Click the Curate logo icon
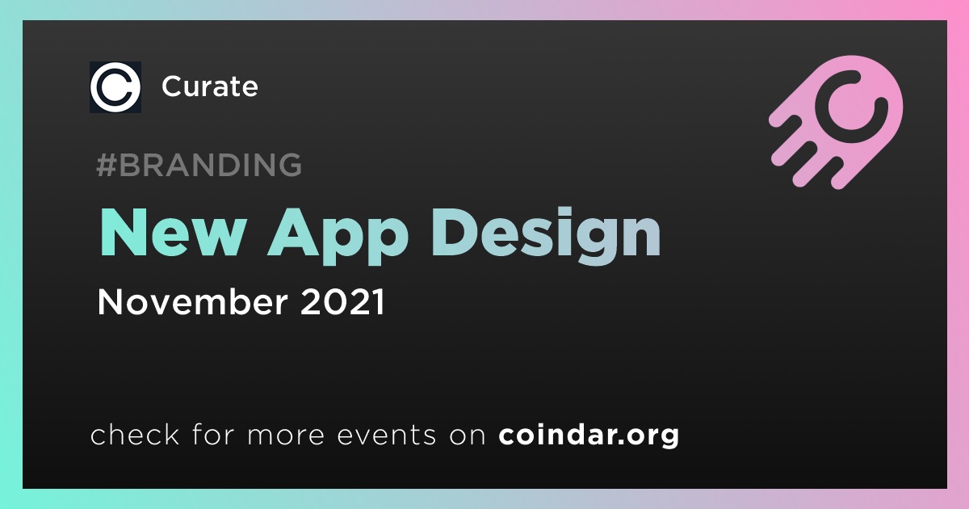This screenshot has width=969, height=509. pyautogui.click(x=115, y=87)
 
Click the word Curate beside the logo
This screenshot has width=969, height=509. pyautogui.click(x=210, y=86)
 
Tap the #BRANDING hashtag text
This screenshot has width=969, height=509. pyautogui.click(x=199, y=165)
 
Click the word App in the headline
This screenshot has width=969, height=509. pyautogui.click(x=338, y=236)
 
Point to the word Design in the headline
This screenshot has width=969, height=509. pyautogui.click(x=546, y=236)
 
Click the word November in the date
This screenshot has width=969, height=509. pyautogui.click(x=192, y=301)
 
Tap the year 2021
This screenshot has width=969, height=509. pyautogui.click(x=342, y=301)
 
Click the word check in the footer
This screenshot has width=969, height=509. pyautogui.click(x=135, y=434)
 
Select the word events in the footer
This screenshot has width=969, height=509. pyautogui.click(x=386, y=435)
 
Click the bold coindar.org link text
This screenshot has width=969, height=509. pyautogui.click(x=589, y=435)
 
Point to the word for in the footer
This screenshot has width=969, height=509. pyautogui.click(x=213, y=434)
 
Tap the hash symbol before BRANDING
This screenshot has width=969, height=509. pyautogui.click(x=107, y=165)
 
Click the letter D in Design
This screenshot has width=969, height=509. pyautogui.click(x=456, y=233)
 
